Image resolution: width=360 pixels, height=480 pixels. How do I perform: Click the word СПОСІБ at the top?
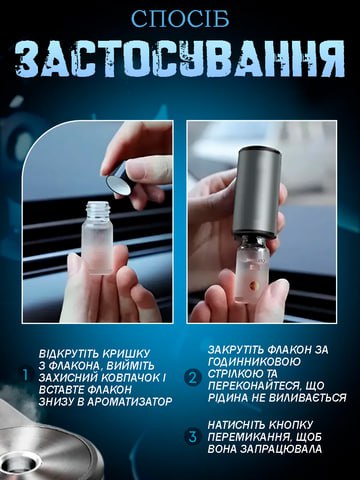pyautogui.click(x=180, y=19)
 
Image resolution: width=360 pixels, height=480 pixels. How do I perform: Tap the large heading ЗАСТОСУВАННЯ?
pyautogui.click(x=180, y=60)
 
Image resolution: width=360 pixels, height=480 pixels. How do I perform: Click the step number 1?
pyautogui.click(x=26, y=375)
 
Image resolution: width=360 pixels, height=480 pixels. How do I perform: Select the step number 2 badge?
pyautogui.click(x=193, y=378)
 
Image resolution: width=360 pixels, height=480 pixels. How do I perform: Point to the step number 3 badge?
pyautogui.click(x=193, y=437)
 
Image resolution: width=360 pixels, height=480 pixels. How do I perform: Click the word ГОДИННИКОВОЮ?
pyautogui.click(x=254, y=361)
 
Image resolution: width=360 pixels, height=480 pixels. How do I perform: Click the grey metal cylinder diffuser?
pyautogui.click(x=256, y=192)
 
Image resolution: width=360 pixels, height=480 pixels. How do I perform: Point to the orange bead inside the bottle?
pyautogui.click(x=253, y=285)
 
